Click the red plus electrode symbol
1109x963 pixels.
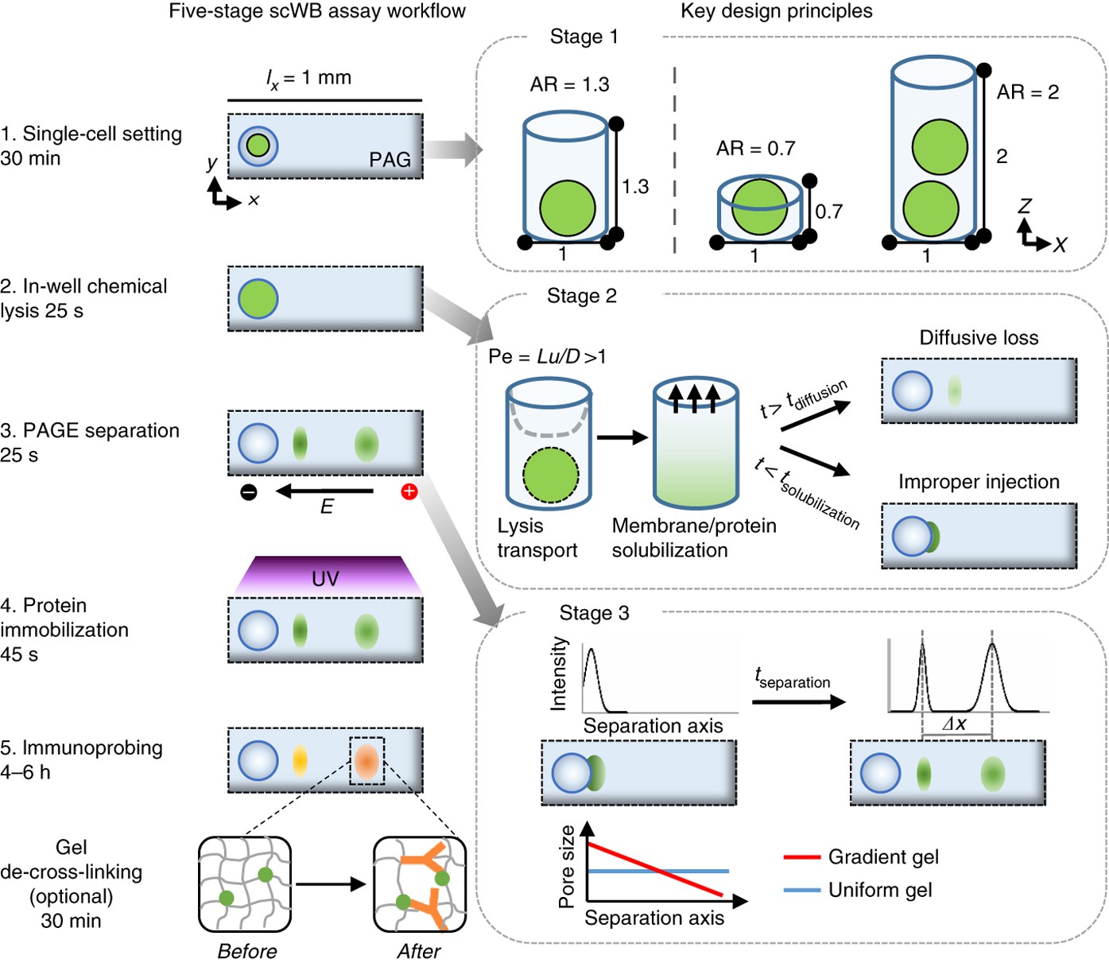coord(409,491)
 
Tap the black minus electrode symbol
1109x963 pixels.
coord(249,491)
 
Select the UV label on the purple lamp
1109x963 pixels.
coord(325,579)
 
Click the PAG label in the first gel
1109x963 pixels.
coord(390,159)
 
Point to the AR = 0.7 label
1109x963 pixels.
coord(755,148)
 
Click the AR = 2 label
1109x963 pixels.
coord(1028,91)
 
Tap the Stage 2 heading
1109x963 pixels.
coord(582,296)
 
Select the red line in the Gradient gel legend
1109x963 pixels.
coord(801,857)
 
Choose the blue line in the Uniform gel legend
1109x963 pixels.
coord(801,890)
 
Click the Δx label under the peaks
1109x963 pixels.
coord(955,723)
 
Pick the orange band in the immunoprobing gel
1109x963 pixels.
coord(366,760)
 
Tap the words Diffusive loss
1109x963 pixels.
coord(979,338)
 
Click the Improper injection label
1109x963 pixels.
coord(979,482)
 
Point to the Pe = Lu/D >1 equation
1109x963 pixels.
coord(547,356)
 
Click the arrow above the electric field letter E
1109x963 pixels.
coord(324,491)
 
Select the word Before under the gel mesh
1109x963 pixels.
coord(247,950)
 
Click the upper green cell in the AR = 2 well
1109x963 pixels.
coord(940,146)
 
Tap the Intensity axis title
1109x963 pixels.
coord(558,673)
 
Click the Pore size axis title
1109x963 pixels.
coord(566,867)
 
